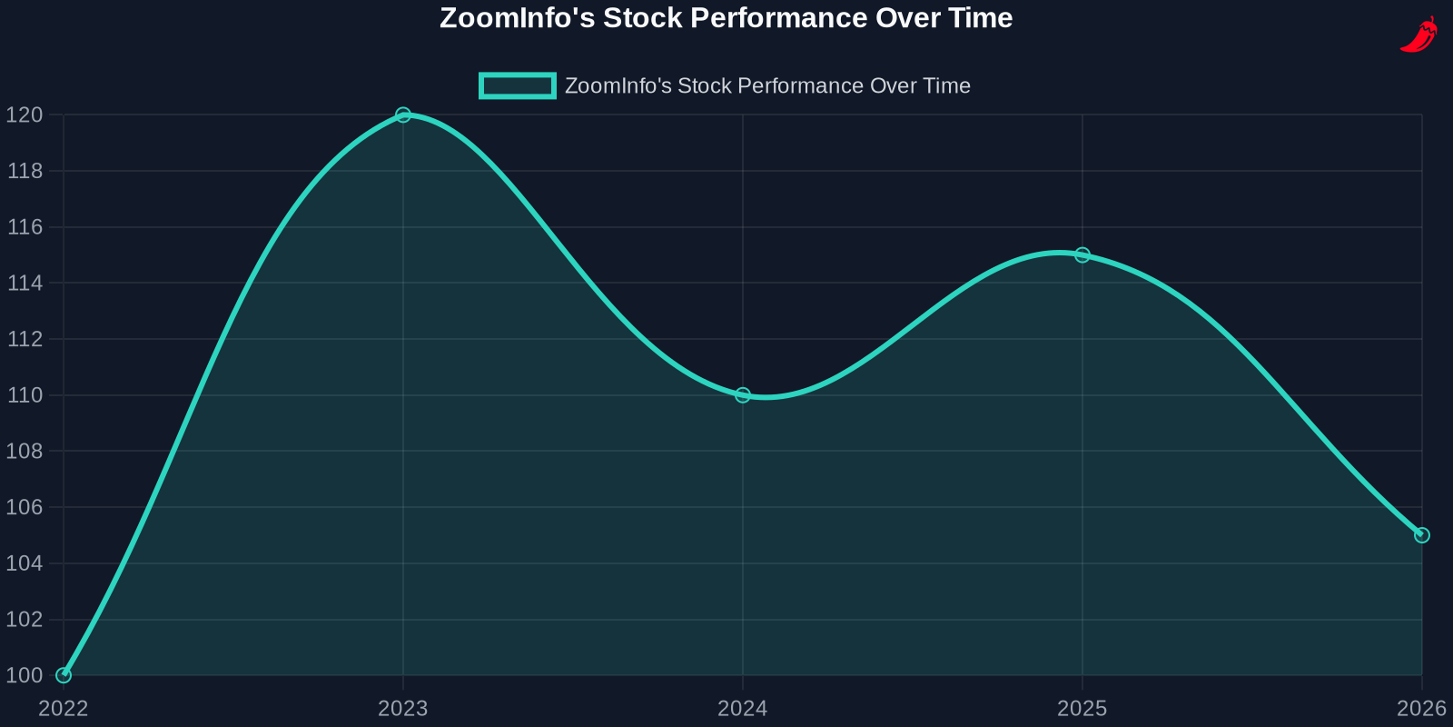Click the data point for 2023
point(403,115)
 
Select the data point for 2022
point(64,675)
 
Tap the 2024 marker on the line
point(743,395)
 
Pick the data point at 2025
point(1082,255)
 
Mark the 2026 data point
point(1422,535)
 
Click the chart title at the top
point(726,18)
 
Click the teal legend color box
point(518,85)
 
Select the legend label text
point(767,85)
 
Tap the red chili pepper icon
point(1418,35)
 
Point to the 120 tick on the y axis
point(25,115)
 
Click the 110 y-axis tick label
point(25,395)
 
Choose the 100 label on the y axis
point(25,675)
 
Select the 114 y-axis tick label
point(25,283)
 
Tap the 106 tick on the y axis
point(25,507)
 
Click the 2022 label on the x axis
point(64,709)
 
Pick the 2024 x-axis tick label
point(743,709)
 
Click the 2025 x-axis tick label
point(1082,709)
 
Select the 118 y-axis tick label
point(25,171)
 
